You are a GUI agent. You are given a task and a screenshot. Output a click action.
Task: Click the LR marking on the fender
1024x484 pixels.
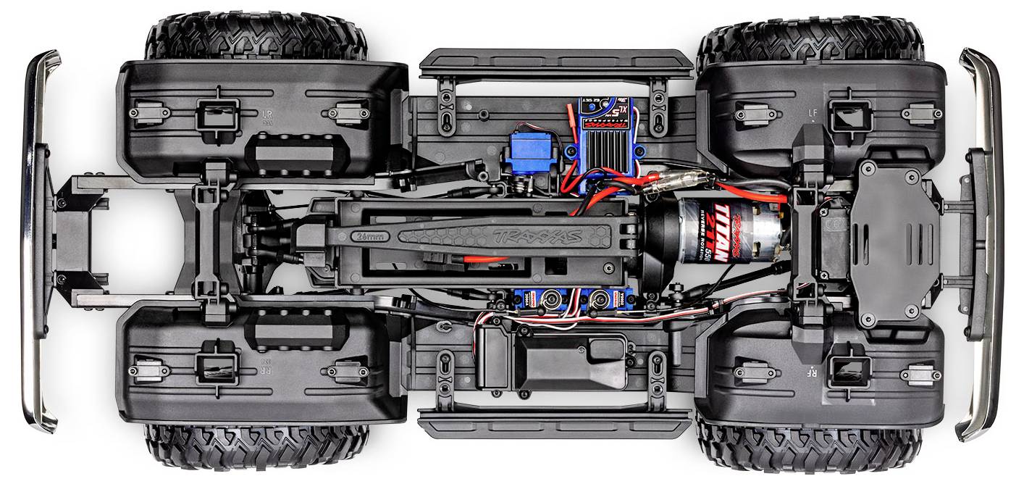pos(269,114)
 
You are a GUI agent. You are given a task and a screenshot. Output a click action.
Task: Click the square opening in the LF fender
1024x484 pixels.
pos(849,113)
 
